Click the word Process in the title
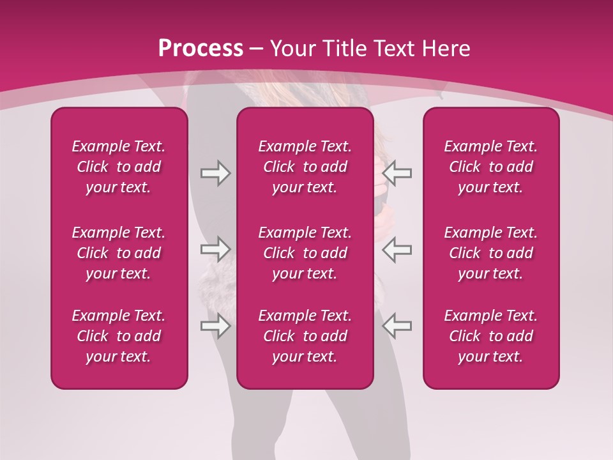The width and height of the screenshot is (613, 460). click(x=201, y=49)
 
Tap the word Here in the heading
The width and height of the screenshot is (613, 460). click(x=444, y=49)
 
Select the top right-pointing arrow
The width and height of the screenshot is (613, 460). click(x=215, y=173)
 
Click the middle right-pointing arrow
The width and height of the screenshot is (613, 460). click(x=215, y=249)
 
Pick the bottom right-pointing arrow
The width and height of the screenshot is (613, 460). click(x=215, y=326)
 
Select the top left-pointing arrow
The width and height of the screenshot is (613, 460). click(x=397, y=173)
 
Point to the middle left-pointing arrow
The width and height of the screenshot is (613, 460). click(x=397, y=249)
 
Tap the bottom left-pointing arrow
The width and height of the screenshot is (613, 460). click(x=397, y=326)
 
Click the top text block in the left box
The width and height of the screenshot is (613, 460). click(x=119, y=167)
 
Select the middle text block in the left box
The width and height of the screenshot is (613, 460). click(x=119, y=253)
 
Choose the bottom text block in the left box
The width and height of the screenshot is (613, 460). click(x=119, y=336)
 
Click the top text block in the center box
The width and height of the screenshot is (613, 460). click(x=305, y=167)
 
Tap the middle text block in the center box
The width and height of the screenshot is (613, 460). click(x=305, y=253)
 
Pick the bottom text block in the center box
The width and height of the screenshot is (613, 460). click(x=305, y=336)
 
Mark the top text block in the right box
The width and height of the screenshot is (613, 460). click(x=490, y=167)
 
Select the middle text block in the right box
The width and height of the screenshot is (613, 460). click(x=490, y=253)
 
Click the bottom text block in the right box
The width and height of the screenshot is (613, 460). click(x=490, y=336)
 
